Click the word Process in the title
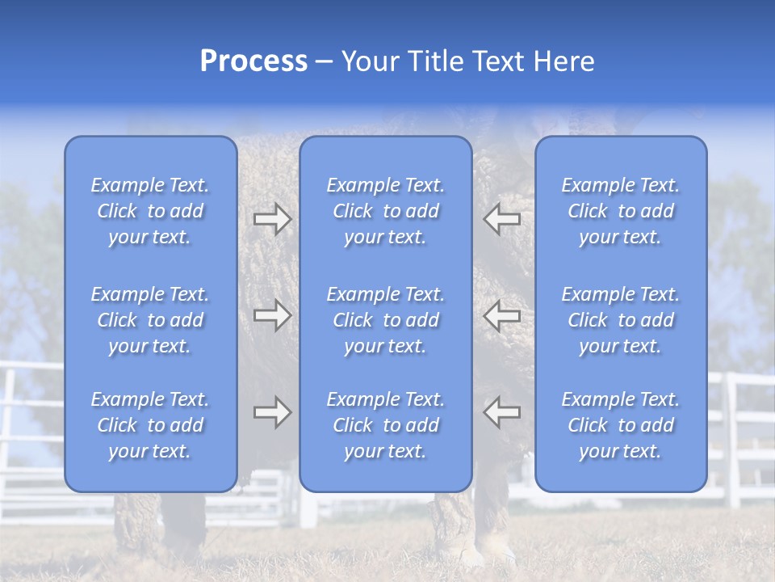tap(253, 61)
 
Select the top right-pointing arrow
tap(273, 218)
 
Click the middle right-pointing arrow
tap(273, 315)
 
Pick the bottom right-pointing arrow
tap(273, 412)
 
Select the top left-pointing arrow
tap(501, 218)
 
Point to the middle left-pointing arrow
tap(501, 315)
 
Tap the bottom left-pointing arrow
tap(501, 412)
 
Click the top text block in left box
tap(150, 211)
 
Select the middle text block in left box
tap(150, 320)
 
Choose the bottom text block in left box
tap(150, 425)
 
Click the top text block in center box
tap(385, 211)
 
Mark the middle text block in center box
tap(385, 320)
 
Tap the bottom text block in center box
tap(385, 425)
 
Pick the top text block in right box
tap(620, 211)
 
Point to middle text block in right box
tap(620, 320)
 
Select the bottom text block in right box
tap(620, 425)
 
